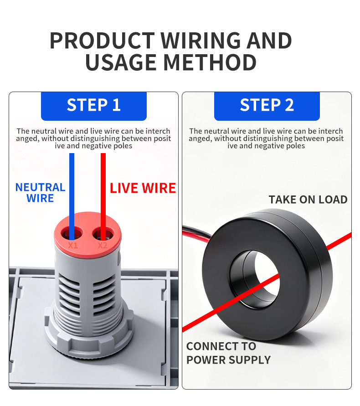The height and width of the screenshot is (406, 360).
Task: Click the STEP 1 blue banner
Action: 94,106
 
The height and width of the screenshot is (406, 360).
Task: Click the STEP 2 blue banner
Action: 267,106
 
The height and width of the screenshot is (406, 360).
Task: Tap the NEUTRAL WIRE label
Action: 41,193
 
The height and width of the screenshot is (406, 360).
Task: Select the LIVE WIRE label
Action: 143,188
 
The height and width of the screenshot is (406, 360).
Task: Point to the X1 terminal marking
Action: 73,245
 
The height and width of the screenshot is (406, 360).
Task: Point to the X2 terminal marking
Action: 103,245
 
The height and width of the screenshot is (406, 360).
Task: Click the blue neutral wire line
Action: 72,196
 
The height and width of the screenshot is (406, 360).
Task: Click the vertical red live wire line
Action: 103,196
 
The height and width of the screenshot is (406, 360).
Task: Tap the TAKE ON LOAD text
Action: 308,200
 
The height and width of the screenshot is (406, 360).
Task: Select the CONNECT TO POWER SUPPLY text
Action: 228,353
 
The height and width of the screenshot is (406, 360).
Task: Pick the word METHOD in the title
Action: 210,63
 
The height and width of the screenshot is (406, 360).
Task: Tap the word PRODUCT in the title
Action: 102,41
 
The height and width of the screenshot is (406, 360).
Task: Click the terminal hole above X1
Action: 72,234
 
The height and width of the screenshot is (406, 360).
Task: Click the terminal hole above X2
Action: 103,234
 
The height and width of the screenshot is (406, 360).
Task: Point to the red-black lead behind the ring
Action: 197,234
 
